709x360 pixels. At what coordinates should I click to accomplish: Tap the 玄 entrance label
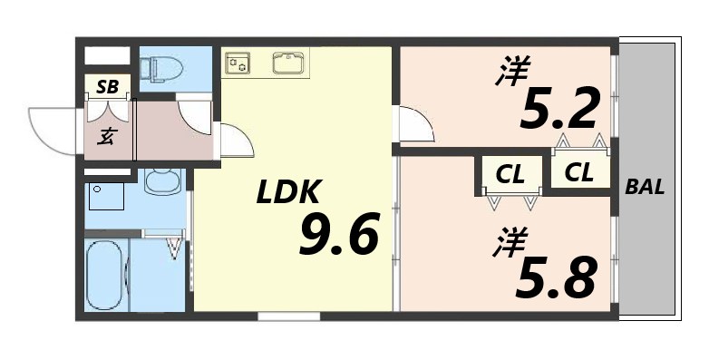click(x=106, y=136)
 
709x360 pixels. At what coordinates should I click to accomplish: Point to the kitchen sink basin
click(x=289, y=62)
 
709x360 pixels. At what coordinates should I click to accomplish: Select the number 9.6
click(x=338, y=238)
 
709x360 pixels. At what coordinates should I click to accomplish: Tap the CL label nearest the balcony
click(x=578, y=171)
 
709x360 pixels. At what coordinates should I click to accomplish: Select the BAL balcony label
click(x=646, y=188)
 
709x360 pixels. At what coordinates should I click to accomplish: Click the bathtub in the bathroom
click(x=105, y=276)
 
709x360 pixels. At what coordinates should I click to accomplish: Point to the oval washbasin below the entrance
click(x=163, y=182)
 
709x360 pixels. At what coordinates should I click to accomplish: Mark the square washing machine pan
click(x=105, y=195)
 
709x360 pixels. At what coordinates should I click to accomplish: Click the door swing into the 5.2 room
click(x=415, y=124)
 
